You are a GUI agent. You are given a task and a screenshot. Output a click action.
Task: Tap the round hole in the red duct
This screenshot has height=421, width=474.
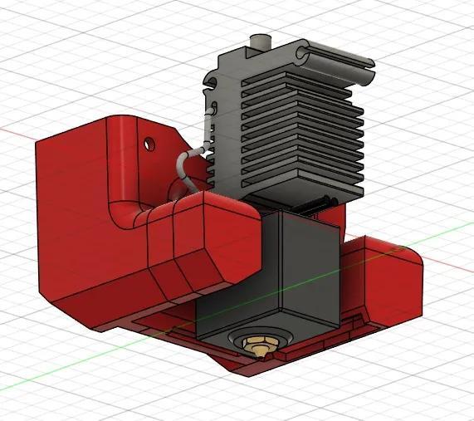pyautogui.click(x=150, y=144)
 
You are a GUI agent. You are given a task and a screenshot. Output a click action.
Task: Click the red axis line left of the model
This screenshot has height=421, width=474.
pyautogui.click(x=17, y=130)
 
